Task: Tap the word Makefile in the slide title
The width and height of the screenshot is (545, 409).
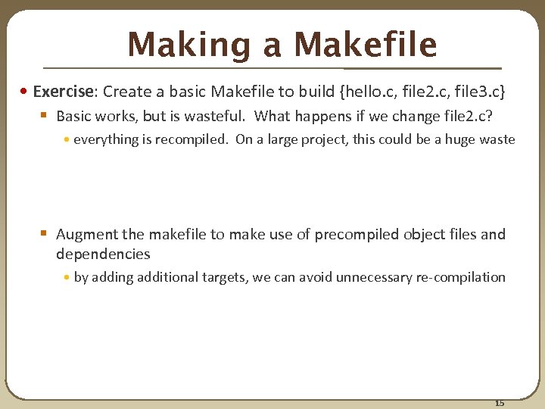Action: point(365,45)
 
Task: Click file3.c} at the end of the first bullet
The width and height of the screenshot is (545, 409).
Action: point(478,92)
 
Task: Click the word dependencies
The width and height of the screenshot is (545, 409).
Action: point(103,254)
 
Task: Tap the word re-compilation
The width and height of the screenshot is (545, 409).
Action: point(461,277)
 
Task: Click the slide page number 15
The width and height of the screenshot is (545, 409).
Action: point(499,402)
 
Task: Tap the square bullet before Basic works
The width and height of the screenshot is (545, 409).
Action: point(45,117)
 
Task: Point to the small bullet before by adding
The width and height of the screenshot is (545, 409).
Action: point(67,278)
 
